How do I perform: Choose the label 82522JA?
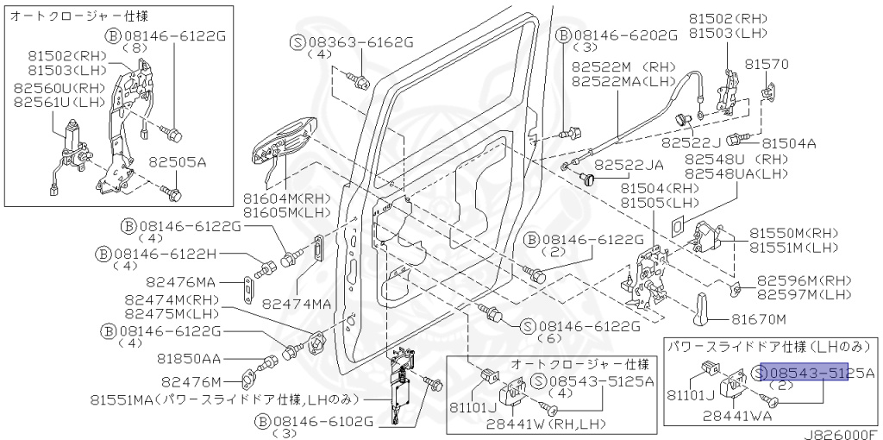(629, 164)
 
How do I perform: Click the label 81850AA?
(189, 359)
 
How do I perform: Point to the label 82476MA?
(193, 281)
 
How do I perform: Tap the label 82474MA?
(297, 304)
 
